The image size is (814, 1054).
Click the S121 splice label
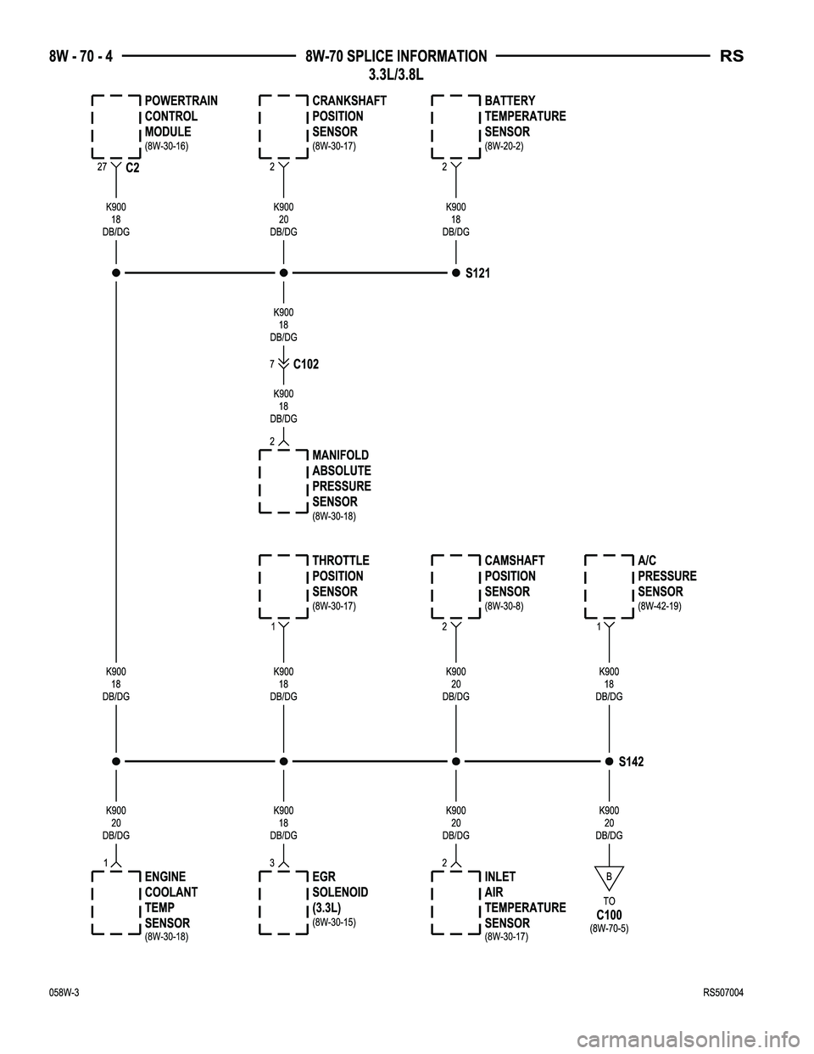pyautogui.click(x=477, y=273)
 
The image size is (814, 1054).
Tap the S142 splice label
pyautogui.click(x=632, y=761)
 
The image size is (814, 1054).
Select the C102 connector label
pyautogui.click(x=306, y=364)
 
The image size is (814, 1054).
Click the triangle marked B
pyautogui.click(x=609, y=875)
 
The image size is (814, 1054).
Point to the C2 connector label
pyautogui.click(x=132, y=168)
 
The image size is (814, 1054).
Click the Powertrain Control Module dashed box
pyautogui.click(x=92, y=127)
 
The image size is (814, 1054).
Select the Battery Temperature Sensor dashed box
pyautogui.click(x=432, y=127)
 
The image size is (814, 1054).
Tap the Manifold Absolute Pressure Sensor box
pyautogui.click(x=260, y=481)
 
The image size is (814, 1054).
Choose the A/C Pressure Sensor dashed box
pyautogui.click(x=586, y=587)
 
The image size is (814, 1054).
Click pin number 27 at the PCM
pyautogui.click(x=102, y=167)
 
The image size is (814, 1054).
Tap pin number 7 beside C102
pyautogui.click(x=272, y=364)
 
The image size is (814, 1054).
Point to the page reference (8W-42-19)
pyautogui.click(x=660, y=606)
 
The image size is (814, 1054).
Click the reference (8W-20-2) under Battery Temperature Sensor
pyautogui.click(x=504, y=146)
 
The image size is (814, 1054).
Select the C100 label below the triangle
pyautogui.click(x=609, y=916)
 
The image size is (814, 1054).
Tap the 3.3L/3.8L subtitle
pyautogui.click(x=396, y=76)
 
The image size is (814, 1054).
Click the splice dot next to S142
pyautogui.click(x=609, y=761)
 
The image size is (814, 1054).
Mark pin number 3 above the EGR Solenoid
pyautogui.click(x=272, y=863)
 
